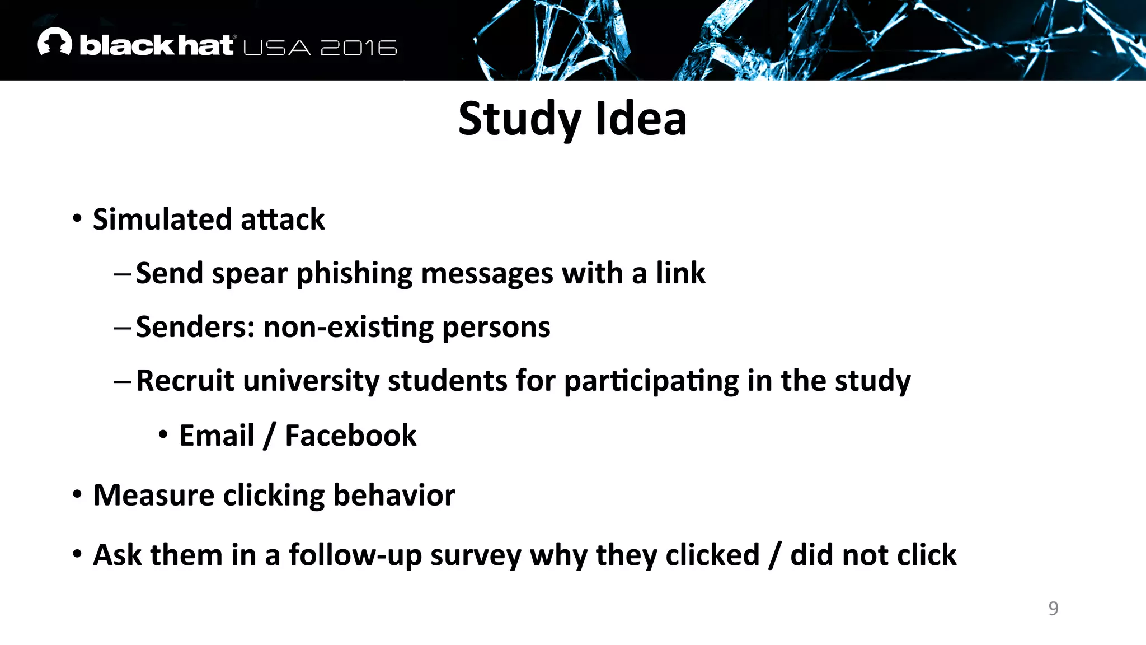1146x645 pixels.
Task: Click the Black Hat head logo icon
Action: point(55,42)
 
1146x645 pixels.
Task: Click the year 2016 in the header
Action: point(359,48)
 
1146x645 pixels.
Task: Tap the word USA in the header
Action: point(277,48)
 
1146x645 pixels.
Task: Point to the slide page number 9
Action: point(1053,608)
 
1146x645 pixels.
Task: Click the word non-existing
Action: point(348,327)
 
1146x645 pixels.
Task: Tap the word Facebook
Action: point(351,436)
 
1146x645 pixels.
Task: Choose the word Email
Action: point(217,436)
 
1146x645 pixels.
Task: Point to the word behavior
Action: point(394,496)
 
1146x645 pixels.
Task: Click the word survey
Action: point(475,555)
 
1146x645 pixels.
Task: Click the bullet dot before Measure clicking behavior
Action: point(77,494)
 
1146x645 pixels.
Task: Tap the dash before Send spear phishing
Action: point(122,274)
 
